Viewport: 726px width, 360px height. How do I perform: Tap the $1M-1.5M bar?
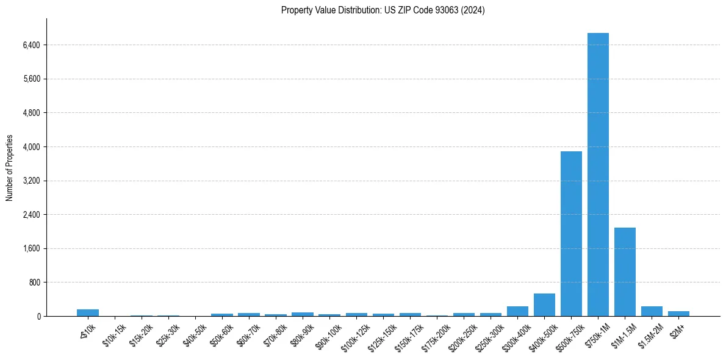[625, 272]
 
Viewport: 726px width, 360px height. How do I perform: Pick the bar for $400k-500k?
[544, 305]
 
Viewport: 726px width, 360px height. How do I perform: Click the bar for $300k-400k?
[517, 311]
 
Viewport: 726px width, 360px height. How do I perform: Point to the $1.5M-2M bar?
[652, 311]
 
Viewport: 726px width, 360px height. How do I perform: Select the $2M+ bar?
[678, 314]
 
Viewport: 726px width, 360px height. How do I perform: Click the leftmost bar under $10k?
[88, 312]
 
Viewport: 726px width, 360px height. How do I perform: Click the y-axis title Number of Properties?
[10, 168]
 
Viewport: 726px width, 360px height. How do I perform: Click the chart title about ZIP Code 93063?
[383, 10]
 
